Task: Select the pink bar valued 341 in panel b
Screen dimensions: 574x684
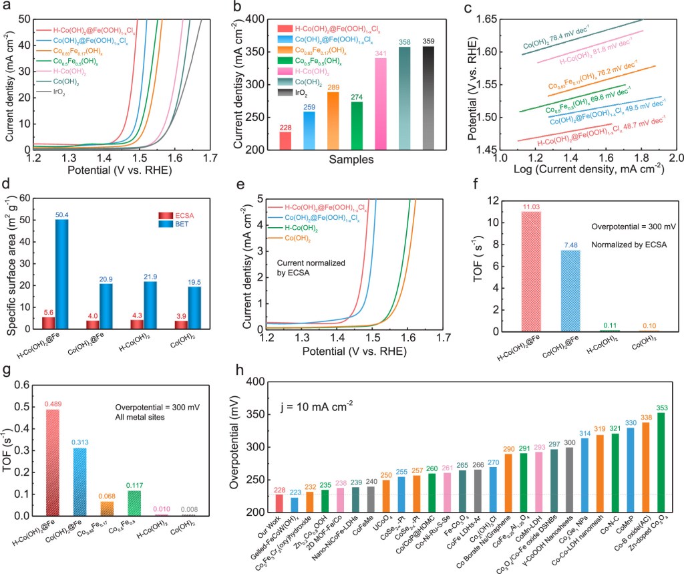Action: (x=380, y=104)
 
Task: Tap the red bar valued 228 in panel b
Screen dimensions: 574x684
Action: (x=285, y=141)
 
